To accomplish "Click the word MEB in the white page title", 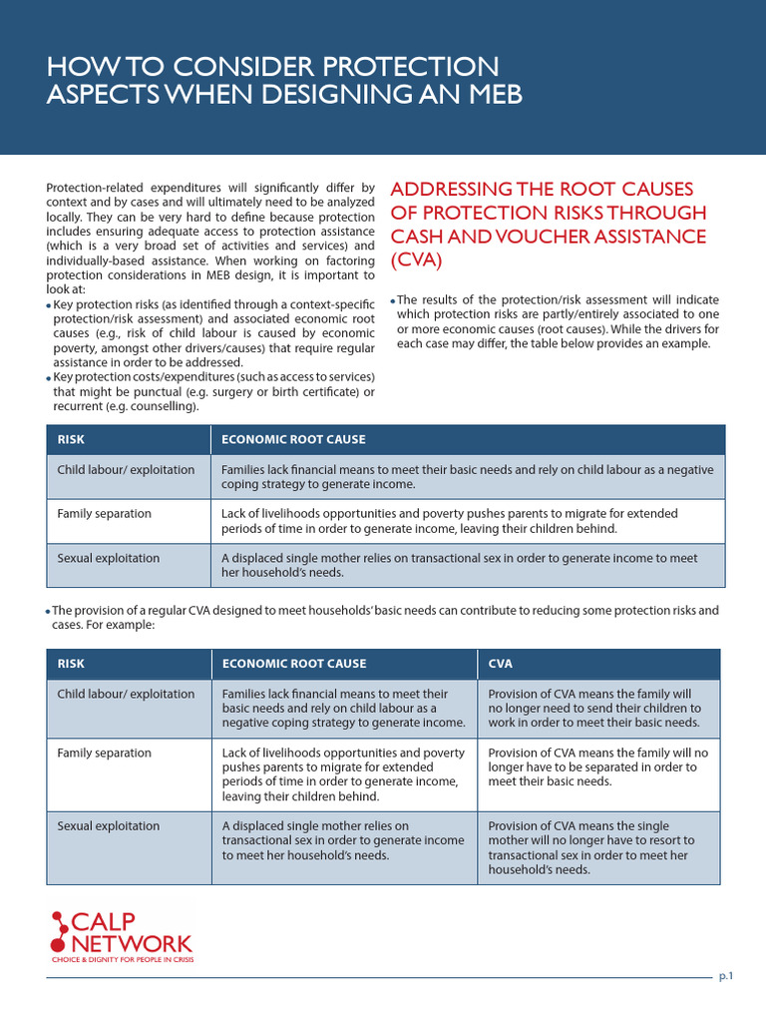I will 490,95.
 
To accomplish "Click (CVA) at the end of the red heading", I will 415,260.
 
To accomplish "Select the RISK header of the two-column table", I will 71,439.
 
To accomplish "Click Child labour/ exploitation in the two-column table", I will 126,469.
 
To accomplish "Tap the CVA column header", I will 501,664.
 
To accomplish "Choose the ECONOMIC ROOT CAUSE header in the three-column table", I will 293,664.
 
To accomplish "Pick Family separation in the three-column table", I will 104,753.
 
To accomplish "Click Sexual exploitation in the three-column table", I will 108,826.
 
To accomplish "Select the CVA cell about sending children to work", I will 594,708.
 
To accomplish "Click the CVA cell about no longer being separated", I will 597,767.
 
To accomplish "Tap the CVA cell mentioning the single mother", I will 590,847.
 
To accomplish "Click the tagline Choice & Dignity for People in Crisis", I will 123,960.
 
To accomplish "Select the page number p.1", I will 726,977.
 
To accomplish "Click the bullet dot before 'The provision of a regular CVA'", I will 48,611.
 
